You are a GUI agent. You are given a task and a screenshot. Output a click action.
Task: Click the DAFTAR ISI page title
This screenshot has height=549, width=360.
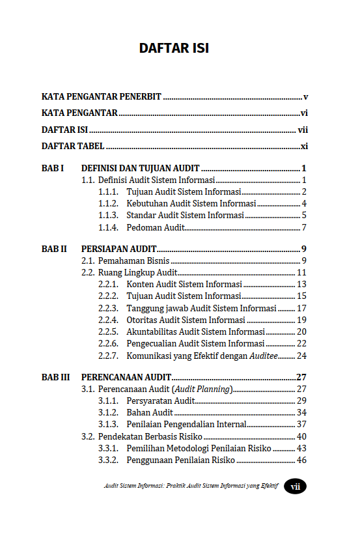tap(174, 48)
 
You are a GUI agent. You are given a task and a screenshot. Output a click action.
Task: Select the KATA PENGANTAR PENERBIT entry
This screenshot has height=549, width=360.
tap(102, 97)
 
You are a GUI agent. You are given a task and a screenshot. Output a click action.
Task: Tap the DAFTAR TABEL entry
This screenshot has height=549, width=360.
tap(73, 147)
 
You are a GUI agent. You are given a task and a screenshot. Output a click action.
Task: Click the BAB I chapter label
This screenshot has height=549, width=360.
tap(53, 168)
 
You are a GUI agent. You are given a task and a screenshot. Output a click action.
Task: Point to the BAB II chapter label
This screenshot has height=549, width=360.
tap(54, 249)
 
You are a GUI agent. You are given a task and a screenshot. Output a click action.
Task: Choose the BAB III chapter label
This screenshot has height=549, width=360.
tap(55, 377)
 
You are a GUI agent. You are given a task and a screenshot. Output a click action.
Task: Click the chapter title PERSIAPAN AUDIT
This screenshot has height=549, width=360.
tap(118, 249)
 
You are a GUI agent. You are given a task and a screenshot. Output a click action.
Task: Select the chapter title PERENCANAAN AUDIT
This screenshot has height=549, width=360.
tap(126, 377)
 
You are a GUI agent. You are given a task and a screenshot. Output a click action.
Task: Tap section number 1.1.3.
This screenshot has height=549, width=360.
tap(108, 216)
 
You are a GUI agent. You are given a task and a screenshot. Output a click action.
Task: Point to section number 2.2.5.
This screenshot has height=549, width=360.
tap(108, 332)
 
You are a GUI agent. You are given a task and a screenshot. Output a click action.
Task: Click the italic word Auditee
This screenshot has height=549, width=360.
tap(264, 356)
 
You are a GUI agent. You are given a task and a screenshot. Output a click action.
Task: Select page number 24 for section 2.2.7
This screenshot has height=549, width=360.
tap(301, 356)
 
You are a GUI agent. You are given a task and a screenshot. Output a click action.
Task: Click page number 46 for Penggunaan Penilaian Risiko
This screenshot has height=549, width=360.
tap(301, 460)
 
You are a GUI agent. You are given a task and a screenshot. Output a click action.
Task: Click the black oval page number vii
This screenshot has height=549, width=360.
tap(295, 486)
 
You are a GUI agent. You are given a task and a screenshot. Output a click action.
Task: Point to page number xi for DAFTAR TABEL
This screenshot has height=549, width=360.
tap(304, 147)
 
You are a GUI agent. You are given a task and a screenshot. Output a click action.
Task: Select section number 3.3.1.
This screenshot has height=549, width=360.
tap(108, 449)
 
